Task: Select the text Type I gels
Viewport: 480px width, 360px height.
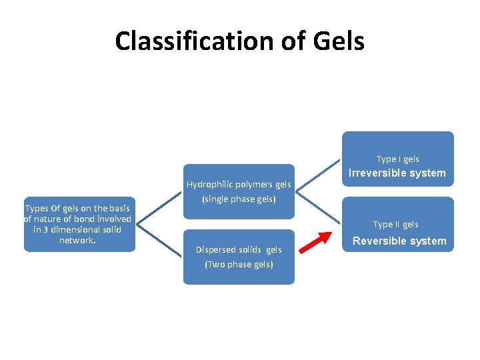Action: pyautogui.click(x=397, y=159)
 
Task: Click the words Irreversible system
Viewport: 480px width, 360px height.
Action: pyautogui.click(x=398, y=173)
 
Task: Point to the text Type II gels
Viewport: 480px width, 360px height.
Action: pyautogui.click(x=395, y=225)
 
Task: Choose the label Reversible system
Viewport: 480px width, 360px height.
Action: pyautogui.click(x=399, y=241)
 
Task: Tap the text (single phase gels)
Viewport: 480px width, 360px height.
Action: pyautogui.click(x=238, y=199)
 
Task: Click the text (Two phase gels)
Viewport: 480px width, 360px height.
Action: pyautogui.click(x=239, y=265)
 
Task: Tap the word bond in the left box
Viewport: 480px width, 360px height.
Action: pyautogui.click(x=89, y=219)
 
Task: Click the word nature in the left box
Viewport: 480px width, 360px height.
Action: pyautogui.click(x=48, y=219)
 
